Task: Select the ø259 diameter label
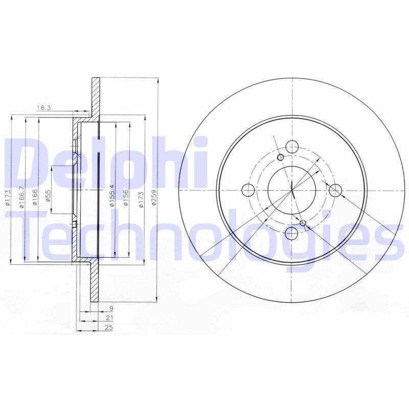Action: pos(154,198)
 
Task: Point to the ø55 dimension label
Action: pos(48,196)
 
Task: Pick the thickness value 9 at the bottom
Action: pos(110,308)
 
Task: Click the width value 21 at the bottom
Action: pos(109,318)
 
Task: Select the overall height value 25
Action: pos(108,328)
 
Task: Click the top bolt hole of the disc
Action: pos(292,147)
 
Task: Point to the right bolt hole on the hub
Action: pos(335,191)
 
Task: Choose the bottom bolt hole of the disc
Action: pos(292,234)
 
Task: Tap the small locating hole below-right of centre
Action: pos(303,222)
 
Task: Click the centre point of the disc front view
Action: pos(292,191)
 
